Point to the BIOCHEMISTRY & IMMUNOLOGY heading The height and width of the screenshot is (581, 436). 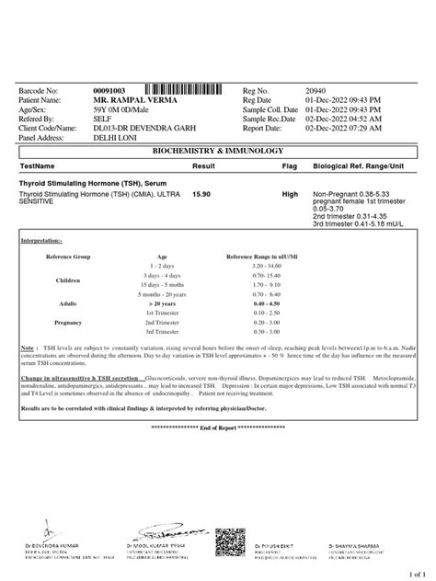point(218,150)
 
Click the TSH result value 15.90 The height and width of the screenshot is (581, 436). point(201,194)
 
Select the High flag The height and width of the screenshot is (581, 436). point(290,194)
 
